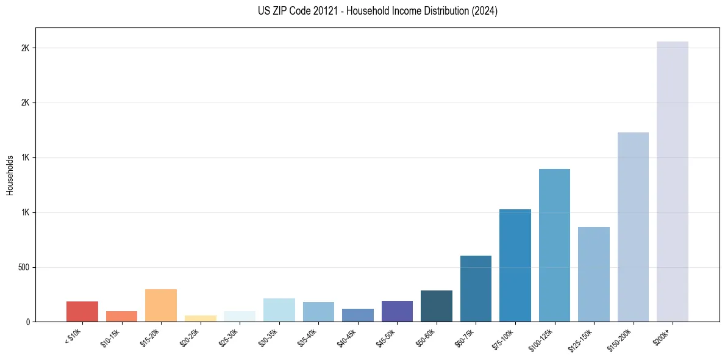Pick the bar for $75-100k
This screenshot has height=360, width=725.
point(515,265)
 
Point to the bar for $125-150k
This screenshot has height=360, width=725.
point(593,274)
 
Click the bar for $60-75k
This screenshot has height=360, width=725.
point(476,289)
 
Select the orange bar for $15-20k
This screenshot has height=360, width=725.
point(161,305)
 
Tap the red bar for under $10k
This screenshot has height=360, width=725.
point(82,311)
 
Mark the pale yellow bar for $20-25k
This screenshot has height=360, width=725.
point(200,319)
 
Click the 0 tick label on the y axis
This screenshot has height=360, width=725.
point(27,322)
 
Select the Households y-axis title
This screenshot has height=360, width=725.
point(10,175)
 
